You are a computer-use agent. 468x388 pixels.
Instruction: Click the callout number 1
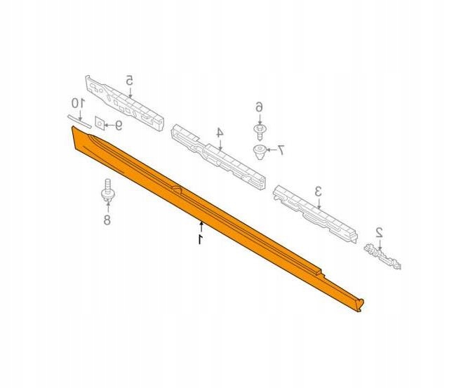pyautogui.click(x=201, y=239)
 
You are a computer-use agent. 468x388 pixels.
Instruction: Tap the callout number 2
pyautogui.click(x=379, y=232)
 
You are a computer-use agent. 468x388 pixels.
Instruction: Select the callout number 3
pyautogui.click(x=318, y=191)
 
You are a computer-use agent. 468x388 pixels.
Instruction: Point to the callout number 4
pyautogui.click(x=220, y=133)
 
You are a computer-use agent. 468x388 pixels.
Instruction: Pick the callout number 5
pyautogui.click(x=129, y=80)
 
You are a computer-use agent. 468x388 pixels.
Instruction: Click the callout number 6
pyautogui.click(x=259, y=107)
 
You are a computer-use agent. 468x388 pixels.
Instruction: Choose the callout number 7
pyautogui.click(x=281, y=150)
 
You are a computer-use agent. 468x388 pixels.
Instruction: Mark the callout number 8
pyautogui.click(x=107, y=220)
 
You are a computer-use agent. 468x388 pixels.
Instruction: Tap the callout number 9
pyautogui.click(x=119, y=126)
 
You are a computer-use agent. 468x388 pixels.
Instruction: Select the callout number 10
pyautogui.click(x=78, y=103)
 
